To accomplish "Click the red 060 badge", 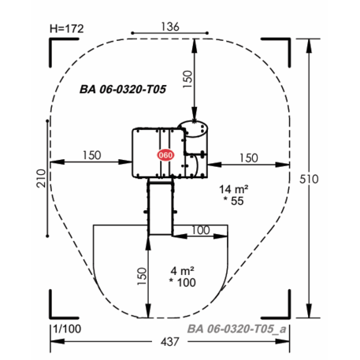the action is tap(165, 155).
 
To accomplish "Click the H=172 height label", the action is tap(67, 28).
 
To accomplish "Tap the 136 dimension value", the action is tap(170, 27).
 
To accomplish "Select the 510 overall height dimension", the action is tap(309, 179).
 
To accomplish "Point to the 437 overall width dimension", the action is tap(170, 342).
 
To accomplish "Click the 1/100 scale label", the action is tap(67, 328).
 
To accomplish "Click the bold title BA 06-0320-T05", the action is tap(123, 89).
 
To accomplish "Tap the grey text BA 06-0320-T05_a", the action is tap(237, 328).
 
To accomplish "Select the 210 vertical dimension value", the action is tap(41, 178).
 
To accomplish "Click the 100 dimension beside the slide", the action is tap(201, 230).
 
